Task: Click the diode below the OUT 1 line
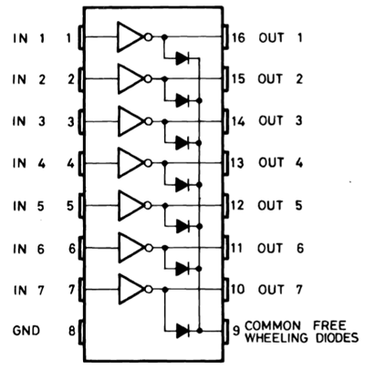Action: tap(183, 58)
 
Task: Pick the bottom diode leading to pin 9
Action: tap(183, 329)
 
